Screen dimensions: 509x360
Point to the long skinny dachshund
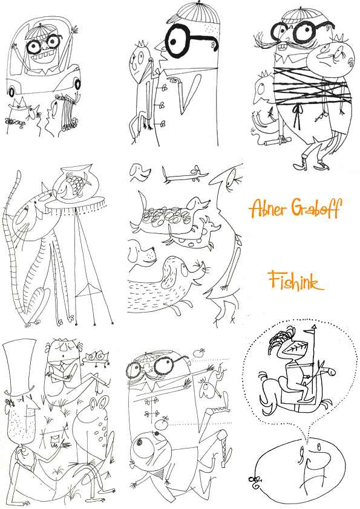[183, 176]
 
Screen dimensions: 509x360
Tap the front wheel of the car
[11, 92]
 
